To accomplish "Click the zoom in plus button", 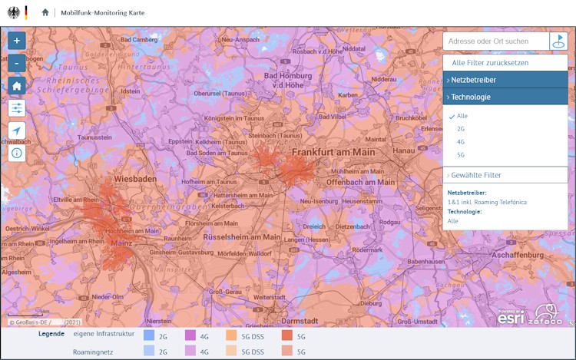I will tap(17, 40).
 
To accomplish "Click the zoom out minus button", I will tap(17, 63).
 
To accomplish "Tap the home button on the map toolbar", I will tap(17, 85).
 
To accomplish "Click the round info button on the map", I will tap(17, 153).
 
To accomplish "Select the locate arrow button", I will tap(17, 130).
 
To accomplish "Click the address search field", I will tap(495, 41).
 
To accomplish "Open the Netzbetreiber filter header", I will tap(505, 80).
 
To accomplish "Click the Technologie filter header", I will tap(505, 97).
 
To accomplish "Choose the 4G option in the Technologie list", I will tap(461, 142).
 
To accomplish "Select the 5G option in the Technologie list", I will tap(461, 155).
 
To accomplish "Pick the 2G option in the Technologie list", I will tap(461, 129).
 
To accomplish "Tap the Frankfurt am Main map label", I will tap(333, 152).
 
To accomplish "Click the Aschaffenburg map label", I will tap(521, 253).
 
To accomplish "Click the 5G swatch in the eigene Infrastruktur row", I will tap(286, 335).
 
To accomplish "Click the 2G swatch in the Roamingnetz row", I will tap(149, 352).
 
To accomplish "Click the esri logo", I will tap(511, 316).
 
